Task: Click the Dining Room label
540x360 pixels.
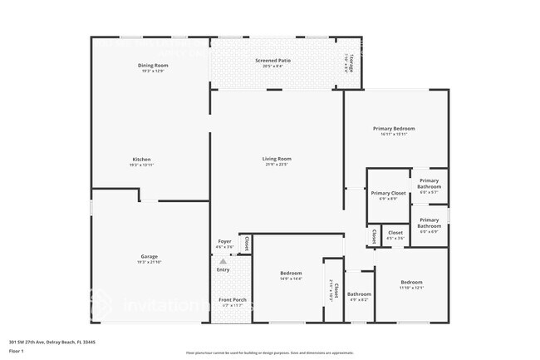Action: [x=153, y=66]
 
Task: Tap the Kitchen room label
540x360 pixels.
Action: [x=141, y=160]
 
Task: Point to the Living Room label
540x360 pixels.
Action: [x=277, y=159]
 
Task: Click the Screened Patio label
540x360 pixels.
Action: [x=272, y=62]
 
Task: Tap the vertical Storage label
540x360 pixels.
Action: [x=351, y=62]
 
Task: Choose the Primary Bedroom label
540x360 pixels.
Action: [x=394, y=129]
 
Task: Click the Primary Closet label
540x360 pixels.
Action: [x=388, y=193]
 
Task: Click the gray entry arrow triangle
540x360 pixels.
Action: [x=223, y=262]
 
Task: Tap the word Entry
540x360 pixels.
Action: [x=223, y=269]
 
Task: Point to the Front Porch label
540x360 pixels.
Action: [x=230, y=299]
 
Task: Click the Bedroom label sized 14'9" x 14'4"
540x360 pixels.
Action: [x=291, y=274]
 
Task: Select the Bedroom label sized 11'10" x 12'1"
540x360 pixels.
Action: [x=412, y=282]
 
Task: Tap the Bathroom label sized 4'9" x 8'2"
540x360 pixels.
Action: [x=359, y=293]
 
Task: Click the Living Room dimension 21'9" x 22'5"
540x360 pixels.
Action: [x=277, y=164]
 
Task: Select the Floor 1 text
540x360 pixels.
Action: [x=17, y=352]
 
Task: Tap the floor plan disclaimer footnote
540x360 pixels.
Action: [x=270, y=353]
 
